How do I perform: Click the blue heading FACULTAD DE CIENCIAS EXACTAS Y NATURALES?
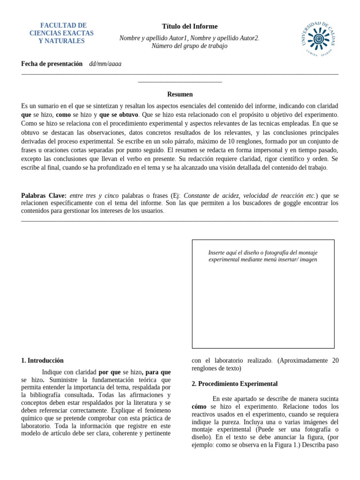point(61,33)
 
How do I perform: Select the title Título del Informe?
point(183,26)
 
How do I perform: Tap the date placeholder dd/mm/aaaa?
point(105,64)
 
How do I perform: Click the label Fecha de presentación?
point(52,64)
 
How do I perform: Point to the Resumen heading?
point(180,94)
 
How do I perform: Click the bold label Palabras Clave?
point(44,195)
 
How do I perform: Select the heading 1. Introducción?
point(42,360)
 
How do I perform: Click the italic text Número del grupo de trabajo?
point(189,46)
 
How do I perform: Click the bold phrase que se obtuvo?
point(119,114)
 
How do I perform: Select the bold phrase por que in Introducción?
point(110,372)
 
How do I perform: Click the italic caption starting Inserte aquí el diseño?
point(263,256)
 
